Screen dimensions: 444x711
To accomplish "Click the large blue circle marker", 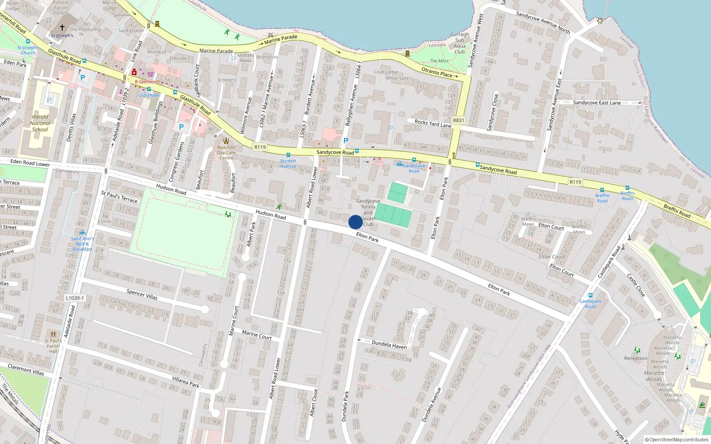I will point(355,222).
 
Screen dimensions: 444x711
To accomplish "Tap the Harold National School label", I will point(40,123).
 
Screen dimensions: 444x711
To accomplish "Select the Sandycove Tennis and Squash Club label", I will point(368,213).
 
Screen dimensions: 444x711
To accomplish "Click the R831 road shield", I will point(458,120).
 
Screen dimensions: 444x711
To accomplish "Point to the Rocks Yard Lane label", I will point(433,123).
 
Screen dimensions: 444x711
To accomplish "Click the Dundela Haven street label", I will point(389,345).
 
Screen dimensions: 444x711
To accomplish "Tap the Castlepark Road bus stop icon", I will point(590,295).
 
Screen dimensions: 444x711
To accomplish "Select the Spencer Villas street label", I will point(142,294).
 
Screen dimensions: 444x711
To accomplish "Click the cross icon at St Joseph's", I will point(62,28).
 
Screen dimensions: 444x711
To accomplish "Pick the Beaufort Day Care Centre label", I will point(226,152).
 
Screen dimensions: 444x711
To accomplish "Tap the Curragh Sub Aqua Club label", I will point(459,43).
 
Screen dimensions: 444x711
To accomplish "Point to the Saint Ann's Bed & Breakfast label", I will point(82,244).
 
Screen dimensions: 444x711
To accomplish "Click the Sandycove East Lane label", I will point(597,103).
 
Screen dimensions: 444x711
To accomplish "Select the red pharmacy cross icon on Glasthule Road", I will point(134,72).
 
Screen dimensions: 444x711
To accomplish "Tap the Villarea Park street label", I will point(185,381).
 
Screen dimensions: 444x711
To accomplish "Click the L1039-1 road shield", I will point(75,298).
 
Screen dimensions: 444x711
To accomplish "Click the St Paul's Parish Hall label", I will point(53,346).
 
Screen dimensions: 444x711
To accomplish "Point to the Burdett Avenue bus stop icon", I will point(288,155).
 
